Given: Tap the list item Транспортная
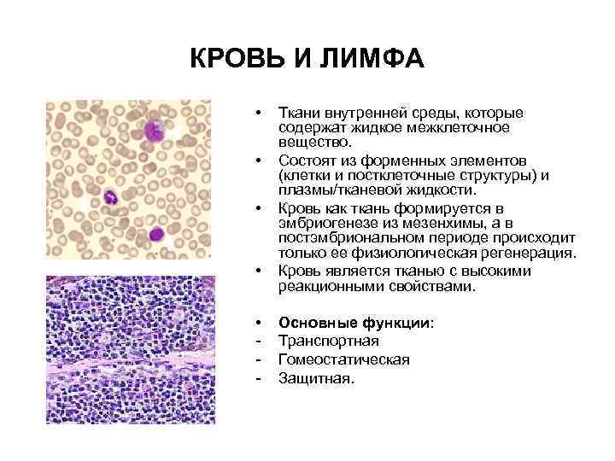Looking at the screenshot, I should coord(330,341).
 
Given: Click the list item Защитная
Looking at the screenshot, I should coord(316,376).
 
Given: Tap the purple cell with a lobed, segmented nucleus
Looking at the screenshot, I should coord(110,199).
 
